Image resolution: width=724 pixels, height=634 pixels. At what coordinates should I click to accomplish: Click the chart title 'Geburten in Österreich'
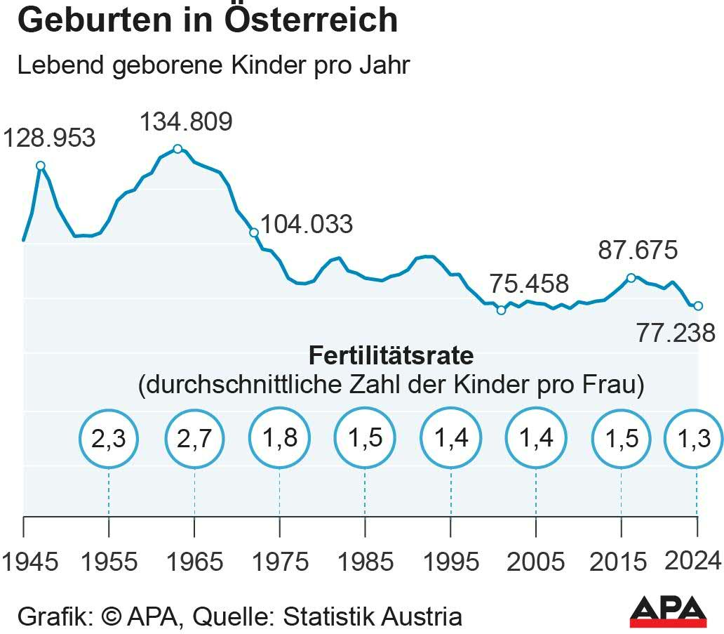207,21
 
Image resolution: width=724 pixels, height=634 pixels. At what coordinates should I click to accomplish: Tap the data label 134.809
185,122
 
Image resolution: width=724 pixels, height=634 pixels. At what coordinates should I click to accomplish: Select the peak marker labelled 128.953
41,166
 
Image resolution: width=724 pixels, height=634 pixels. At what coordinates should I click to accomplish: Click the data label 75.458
528,284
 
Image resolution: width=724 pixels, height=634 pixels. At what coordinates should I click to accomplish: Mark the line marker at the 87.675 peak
631,278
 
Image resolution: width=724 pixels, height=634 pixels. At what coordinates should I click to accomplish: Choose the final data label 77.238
676,333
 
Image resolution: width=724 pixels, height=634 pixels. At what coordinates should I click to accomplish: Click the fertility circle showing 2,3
109,439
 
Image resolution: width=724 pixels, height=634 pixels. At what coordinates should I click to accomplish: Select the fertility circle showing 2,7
194,439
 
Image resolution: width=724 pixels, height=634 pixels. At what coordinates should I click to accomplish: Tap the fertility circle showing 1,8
280,439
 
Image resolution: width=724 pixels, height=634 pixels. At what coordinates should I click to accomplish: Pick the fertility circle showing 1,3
695,439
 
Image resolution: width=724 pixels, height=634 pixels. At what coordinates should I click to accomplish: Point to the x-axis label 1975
280,562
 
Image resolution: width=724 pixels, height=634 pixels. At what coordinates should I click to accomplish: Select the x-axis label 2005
536,562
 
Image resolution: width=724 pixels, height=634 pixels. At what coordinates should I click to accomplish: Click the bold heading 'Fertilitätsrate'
391,355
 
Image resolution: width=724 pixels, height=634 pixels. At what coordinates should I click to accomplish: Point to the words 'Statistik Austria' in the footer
373,617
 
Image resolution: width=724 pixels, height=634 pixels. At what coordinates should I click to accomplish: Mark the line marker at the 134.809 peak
177,149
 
